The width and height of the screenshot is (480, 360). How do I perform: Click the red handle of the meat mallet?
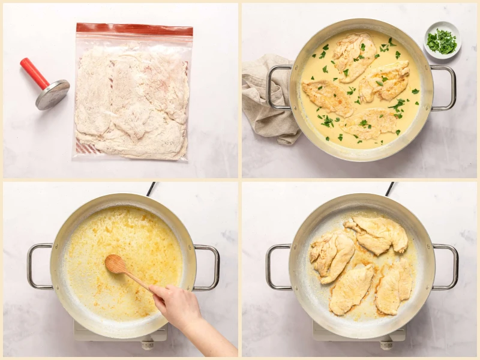pyautogui.click(x=34, y=73)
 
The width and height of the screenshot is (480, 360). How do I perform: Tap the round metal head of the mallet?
pyautogui.click(x=53, y=94)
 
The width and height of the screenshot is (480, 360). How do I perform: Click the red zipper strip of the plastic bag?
pyautogui.click(x=134, y=28)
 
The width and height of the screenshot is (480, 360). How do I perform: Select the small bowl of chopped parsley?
pyautogui.click(x=442, y=41)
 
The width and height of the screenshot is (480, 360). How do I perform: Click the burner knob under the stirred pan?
pyautogui.click(x=148, y=344)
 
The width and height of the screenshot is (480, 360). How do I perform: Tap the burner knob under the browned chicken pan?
pyautogui.click(x=386, y=344)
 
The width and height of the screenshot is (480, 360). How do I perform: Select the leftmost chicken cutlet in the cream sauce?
pyautogui.click(x=328, y=97)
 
